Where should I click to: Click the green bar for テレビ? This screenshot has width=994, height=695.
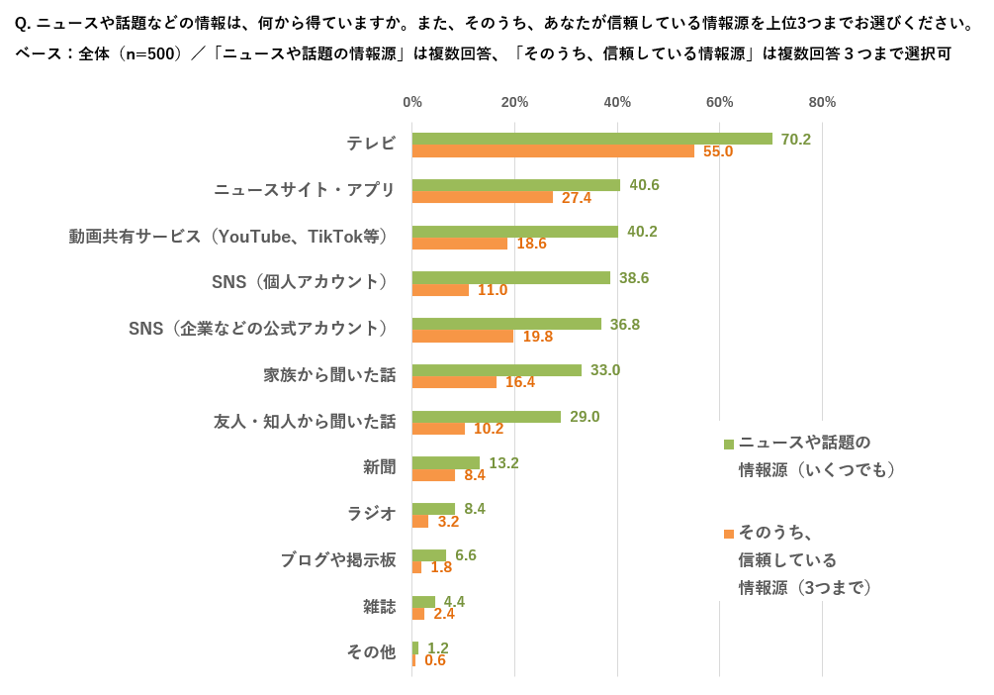point(591,139)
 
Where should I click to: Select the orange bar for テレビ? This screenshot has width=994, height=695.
point(553,151)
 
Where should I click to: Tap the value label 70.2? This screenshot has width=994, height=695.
point(795,140)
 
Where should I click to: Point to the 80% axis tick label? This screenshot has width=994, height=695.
point(822,102)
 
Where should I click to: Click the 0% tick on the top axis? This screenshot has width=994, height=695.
point(412,102)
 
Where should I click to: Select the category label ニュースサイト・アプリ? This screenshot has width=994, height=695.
point(305,190)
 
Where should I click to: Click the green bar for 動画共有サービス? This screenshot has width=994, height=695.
point(514,232)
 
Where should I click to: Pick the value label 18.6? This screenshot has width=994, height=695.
point(531,244)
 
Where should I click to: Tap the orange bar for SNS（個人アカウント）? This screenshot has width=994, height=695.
point(440,290)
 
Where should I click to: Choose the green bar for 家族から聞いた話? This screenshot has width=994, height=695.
point(497,370)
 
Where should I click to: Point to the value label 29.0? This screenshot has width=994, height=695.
point(585,417)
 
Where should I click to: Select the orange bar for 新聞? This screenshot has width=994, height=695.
point(433,475)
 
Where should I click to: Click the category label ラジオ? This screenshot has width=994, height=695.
point(371,514)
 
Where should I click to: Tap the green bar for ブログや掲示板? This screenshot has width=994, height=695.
point(429,555)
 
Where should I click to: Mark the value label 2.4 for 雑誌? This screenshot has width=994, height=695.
point(444,614)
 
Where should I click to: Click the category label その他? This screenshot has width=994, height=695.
point(371,652)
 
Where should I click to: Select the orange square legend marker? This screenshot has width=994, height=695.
point(729,534)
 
